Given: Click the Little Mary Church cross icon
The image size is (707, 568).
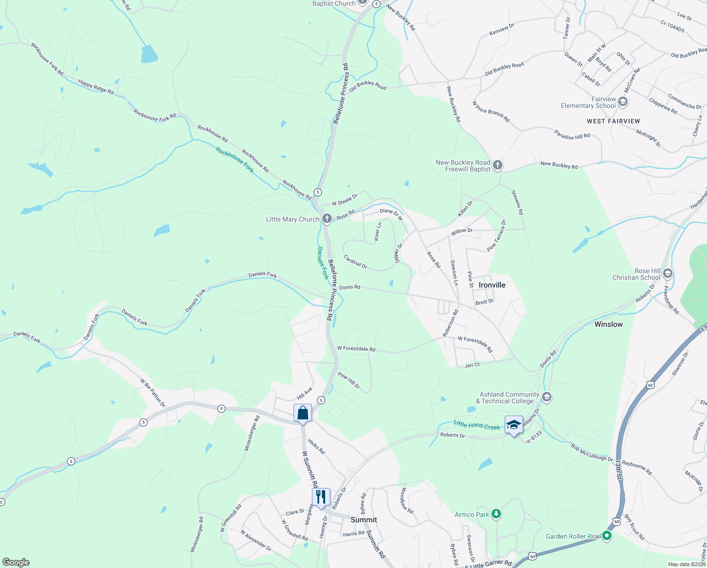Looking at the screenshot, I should coord(327,219).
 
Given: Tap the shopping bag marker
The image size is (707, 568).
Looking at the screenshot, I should coord(302,413).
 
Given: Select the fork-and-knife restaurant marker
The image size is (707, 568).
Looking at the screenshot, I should coord(321,497).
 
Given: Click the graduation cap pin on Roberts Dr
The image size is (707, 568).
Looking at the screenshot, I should coord(514,425).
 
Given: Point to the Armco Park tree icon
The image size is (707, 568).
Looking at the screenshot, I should coord(496,514).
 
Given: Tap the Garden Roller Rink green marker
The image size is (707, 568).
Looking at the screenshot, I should coord(607,536).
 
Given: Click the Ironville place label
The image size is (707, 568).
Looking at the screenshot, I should coord(492,285).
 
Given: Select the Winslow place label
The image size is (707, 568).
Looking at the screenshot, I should coord(608,324).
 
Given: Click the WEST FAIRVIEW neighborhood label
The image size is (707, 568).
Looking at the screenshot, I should coord(613,121).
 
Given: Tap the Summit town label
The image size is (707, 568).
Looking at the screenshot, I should coord(363,520).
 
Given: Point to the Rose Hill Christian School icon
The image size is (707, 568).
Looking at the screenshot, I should coord(667,274).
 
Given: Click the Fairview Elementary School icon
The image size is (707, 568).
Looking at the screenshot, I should coord(622,102).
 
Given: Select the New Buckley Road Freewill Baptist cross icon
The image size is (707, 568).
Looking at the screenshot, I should coord(497,165).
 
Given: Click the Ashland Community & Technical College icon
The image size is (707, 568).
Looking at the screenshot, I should coord(547,397).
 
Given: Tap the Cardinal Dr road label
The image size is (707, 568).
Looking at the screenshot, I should coord(355,262).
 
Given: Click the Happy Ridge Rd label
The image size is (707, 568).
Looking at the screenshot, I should coord(96,87).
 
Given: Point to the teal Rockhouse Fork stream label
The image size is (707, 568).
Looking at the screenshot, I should coord(235,160).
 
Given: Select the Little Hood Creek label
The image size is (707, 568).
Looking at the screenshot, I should coord(476,425).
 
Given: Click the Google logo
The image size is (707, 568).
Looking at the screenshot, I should coord(16,562).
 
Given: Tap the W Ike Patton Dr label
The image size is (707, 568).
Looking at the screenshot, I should coord(152,393).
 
